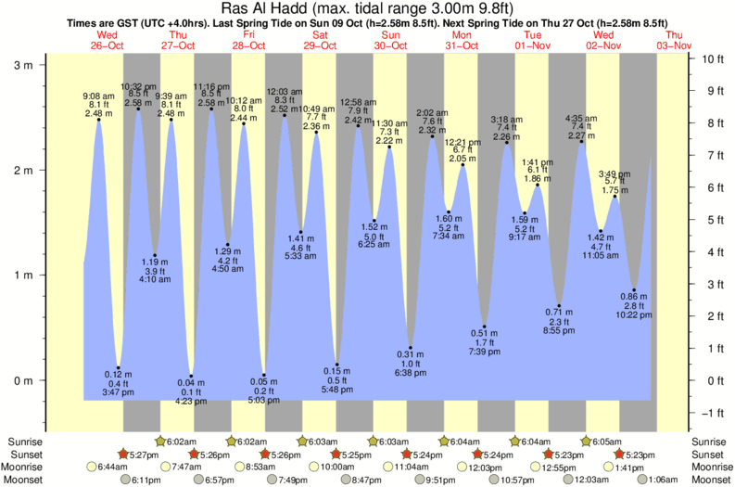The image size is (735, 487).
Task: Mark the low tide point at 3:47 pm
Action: [118, 367]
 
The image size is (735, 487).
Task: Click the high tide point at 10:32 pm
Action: [138, 109]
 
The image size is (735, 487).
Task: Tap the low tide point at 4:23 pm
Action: [191, 376]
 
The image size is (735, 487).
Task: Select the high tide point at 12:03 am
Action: [284, 115]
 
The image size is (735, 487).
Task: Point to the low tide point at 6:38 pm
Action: [410, 348]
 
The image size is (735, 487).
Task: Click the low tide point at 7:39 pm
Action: [484, 327]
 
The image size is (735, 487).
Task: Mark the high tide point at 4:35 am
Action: [581, 141]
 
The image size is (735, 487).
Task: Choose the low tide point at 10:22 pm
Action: [634, 289]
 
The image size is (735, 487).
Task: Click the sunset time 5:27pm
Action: [141, 455]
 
